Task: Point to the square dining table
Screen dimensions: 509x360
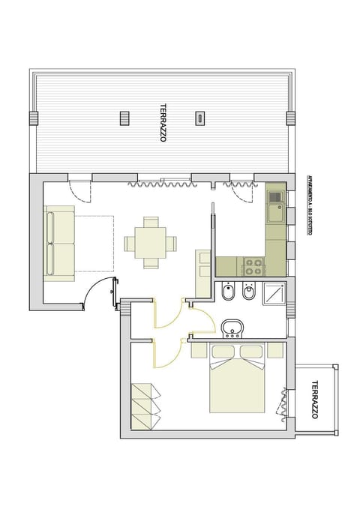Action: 150,243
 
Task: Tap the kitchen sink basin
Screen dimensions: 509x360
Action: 275,214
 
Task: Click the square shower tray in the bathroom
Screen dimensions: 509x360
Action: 273,295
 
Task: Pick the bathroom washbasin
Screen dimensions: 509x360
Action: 232,328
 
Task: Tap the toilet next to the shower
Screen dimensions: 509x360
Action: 248,293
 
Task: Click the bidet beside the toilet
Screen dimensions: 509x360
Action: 227,293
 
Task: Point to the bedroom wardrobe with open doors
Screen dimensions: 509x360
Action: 145,406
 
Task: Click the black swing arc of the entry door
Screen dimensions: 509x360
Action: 96,295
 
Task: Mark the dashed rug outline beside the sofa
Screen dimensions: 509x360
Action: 94,244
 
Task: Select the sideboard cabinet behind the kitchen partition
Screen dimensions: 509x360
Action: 202,274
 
